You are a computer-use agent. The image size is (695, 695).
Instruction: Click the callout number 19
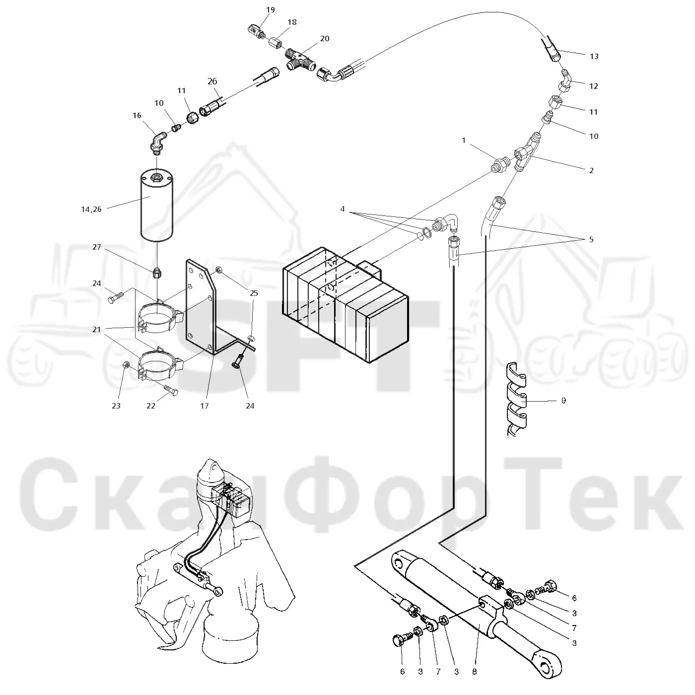(270, 10)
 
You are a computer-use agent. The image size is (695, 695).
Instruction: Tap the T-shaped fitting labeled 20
(300, 60)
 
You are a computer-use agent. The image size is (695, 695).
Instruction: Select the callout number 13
(594, 56)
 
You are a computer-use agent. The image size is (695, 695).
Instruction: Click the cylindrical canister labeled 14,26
(156, 207)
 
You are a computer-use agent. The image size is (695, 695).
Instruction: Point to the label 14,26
(91, 209)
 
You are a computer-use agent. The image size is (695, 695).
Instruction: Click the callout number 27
(97, 247)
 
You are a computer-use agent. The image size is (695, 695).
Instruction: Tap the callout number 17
(205, 406)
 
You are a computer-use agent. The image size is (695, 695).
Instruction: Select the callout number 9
(564, 400)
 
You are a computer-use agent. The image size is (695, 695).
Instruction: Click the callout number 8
(475, 672)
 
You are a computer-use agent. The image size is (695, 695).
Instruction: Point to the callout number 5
(591, 240)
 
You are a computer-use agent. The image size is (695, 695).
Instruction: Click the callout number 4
(343, 209)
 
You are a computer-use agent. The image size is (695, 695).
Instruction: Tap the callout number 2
(591, 170)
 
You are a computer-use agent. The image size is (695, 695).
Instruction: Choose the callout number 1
(464, 140)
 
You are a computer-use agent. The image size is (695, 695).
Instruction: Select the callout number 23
(116, 406)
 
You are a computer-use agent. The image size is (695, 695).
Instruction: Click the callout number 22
(151, 406)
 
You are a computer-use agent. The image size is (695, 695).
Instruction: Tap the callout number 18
(292, 22)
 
